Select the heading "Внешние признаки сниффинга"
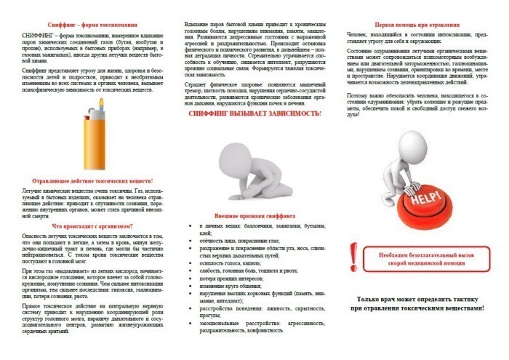(x=254, y=216)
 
